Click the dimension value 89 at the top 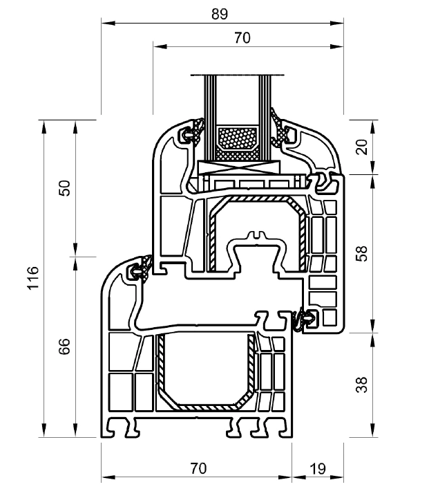pos(220,14)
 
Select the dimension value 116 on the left pos(33,278)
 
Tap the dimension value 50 pos(65,187)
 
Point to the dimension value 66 pos(64,346)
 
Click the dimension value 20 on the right pos(362,147)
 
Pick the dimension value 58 pos(362,253)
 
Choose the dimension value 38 pos(362,385)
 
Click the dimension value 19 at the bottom pos(318,468)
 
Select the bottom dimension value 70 pos(198,468)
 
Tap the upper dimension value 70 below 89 pos(242,38)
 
